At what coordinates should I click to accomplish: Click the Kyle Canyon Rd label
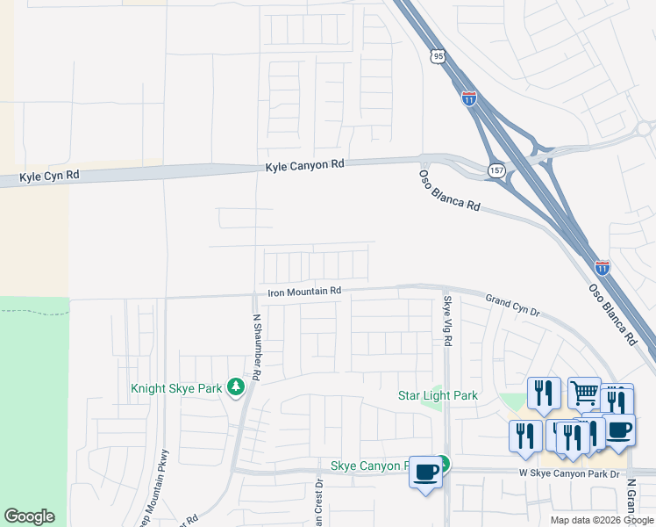[x=306, y=165]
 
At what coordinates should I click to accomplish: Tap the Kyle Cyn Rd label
[x=49, y=176]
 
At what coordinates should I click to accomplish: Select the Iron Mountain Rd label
[x=304, y=291]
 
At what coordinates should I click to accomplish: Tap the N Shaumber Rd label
[x=257, y=347]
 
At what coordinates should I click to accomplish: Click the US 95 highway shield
[x=438, y=56]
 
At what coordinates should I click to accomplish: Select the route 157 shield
[x=496, y=170]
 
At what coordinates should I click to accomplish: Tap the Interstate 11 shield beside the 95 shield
[x=469, y=98]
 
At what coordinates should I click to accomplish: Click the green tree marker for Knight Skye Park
[x=234, y=386]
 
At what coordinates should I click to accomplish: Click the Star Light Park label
[x=438, y=395]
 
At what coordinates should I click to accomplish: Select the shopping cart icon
[x=585, y=393]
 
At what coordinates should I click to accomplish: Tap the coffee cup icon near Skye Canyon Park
[x=426, y=472]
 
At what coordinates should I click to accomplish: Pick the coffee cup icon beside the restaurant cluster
[x=619, y=430]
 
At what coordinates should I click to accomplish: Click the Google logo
[x=29, y=516]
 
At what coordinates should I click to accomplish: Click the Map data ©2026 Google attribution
[x=602, y=520]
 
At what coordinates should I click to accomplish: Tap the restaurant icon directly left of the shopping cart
[x=544, y=393]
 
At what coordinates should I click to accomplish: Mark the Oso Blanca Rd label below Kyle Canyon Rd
[x=448, y=190]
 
